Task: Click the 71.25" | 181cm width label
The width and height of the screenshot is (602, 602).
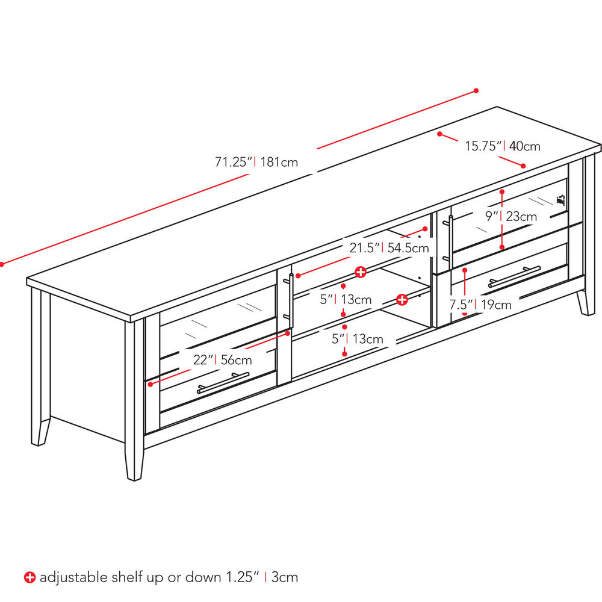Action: click(x=256, y=162)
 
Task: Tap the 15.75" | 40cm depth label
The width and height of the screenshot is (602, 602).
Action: click(x=502, y=146)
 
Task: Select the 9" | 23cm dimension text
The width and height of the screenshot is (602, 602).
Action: click(x=511, y=216)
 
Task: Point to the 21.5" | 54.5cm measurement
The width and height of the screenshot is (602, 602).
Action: click(x=389, y=247)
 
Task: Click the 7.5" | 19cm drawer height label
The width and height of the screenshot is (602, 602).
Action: click(x=481, y=305)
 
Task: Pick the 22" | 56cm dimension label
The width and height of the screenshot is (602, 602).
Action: click(x=223, y=361)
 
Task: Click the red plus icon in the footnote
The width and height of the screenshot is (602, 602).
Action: click(x=29, y=577)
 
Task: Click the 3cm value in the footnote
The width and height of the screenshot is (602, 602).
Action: click(x=284, y=577)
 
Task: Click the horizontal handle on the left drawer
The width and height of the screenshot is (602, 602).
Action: click(x=223, y=383)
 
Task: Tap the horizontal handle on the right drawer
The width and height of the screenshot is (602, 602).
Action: click(x=514, y=276)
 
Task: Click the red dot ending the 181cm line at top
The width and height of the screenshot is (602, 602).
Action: click(x=476, y=91)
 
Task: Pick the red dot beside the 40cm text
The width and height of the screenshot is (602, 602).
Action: click(x=523, y=166)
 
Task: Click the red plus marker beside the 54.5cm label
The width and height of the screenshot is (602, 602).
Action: click(x=360, y=272)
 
